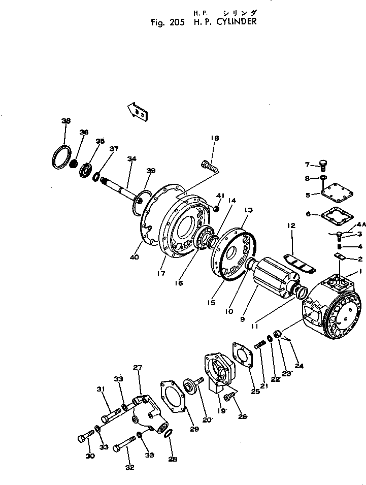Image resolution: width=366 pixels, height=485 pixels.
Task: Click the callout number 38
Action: coord(65,121)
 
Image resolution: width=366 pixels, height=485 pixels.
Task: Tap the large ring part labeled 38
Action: coord(62,156)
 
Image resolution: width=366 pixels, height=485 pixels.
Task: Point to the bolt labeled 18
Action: coord(210,166)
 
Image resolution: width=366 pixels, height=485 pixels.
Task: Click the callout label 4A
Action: coord(361,224)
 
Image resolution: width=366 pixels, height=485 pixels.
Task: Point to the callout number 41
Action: coord(220,196)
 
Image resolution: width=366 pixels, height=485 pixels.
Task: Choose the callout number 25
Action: coord(255,392)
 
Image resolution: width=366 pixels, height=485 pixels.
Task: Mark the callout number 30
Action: coord(90,456)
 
